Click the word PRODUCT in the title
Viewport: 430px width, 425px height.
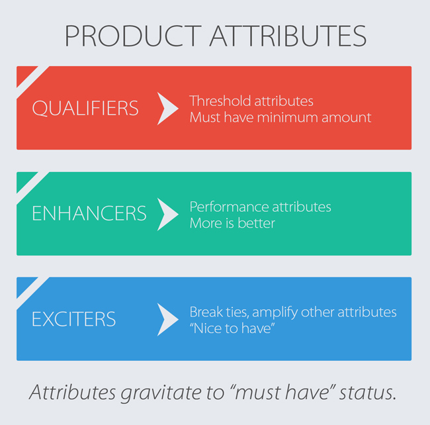[x=133, y=36]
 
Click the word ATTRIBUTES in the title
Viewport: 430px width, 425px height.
[x=288, y=36]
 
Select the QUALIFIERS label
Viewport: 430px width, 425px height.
[x=85, y=108]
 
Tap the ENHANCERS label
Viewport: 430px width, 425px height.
[x=89, y=213]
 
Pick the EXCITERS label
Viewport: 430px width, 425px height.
[x=74, y=319]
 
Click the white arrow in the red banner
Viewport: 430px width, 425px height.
[x=166, y=109]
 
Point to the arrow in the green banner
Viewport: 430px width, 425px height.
[x=166, y=214]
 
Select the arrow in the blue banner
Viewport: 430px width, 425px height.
[x=166, y=320]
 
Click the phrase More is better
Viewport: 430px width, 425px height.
[x=232, y=223]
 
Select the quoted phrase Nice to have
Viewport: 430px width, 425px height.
[x=232, y=328]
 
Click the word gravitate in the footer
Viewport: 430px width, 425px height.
[x=161, y=393]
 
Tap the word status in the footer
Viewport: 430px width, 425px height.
[x=368, y=393]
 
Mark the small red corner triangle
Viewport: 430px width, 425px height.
[x=24, y=73]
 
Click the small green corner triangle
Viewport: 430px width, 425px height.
[x=24, y=179]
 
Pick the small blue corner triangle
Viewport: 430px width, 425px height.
[x=24, y=285]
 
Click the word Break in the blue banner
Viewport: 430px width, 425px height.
[x=206, y=312]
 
